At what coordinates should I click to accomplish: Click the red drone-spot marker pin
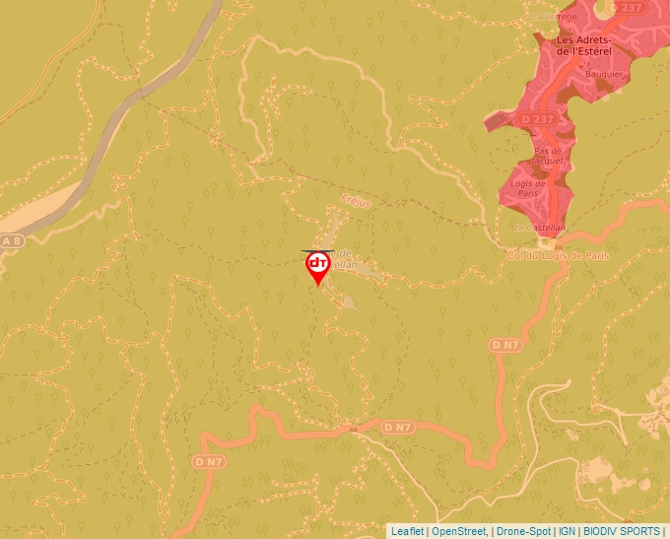click(x=318, y=267)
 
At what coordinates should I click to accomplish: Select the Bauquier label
click(x=603, y=74)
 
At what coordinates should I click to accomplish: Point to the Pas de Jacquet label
click(x=548, y=155)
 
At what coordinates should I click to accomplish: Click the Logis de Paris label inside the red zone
click(x=528, y=187)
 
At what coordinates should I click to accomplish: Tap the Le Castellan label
click(x=539, y=228)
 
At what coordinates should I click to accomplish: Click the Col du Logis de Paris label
click(x=559, y=255)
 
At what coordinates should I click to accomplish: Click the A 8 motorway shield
click(x=11, y=240)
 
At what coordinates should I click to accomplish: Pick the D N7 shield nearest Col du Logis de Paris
click(x=504, y=345)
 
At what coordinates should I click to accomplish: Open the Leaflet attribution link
click(x=407, y=531)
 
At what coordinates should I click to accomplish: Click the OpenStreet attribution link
click(x=459, y=531)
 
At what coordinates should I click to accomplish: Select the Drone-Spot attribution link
click(x=523, y=531)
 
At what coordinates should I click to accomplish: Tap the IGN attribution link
click(x=568, y=531)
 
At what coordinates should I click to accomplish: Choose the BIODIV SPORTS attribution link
click(x=622, y=531)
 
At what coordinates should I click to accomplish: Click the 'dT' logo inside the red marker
click(x=318, y=263)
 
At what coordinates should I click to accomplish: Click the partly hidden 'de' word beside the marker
click(x=345, y=253)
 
